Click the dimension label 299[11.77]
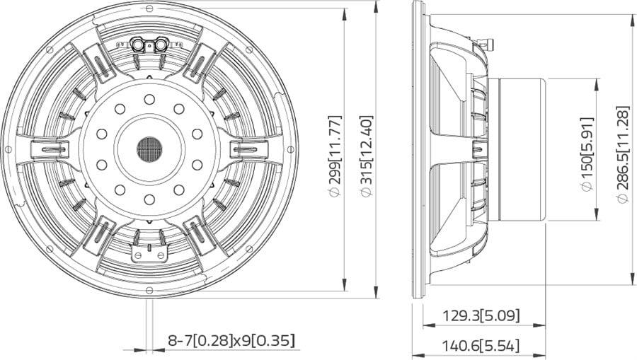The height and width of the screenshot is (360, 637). coord(335,151)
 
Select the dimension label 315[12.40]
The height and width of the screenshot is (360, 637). coord(367,151)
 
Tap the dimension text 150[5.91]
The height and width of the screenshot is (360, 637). coord(587,148)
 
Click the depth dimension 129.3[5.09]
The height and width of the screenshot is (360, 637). coord(481,315)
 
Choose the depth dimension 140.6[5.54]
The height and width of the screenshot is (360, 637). coord(481,346)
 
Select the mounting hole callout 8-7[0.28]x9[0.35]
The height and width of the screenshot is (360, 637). coord(231,340)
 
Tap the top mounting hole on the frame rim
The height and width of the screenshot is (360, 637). coord(149,8)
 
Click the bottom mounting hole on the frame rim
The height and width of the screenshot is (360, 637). coord(149,290)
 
